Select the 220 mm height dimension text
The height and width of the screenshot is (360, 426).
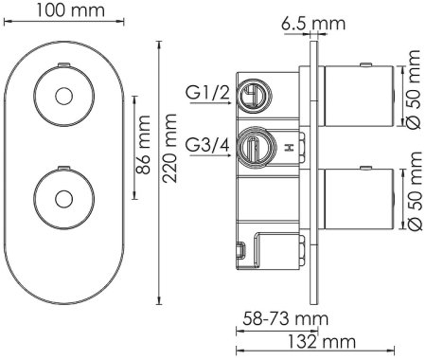click(x=169, y=164)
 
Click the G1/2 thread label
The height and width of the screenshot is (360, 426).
click(x=207, y=93)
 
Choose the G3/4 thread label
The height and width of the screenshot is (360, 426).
click(x=207, y=146)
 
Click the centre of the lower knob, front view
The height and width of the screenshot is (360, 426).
click(x=62, y=199)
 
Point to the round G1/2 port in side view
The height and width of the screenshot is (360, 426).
click(x=252, y=95)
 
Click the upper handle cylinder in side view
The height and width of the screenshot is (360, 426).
click(x=360, y=97)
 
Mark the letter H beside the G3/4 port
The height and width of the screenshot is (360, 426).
click(x=289, y=148)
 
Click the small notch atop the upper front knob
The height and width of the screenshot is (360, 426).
click(x=62, y=63)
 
